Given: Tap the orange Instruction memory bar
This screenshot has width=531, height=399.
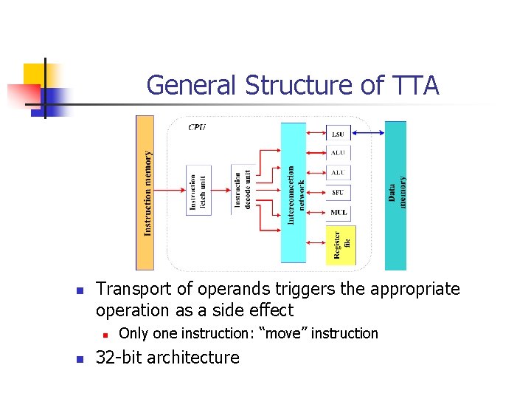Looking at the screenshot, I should (145, 193).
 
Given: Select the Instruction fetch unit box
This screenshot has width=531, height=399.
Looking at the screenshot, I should (198, 190).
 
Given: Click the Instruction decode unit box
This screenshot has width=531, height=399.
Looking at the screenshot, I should (243, 190).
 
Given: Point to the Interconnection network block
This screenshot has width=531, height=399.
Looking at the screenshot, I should (294, 193).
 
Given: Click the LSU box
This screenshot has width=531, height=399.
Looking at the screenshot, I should (338, 134).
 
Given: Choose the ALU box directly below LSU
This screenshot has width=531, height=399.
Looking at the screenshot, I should (338, 153).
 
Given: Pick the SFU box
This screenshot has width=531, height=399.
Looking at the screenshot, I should (338, 193).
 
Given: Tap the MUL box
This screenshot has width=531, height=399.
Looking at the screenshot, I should (338, 213).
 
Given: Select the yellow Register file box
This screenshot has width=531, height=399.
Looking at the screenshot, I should (340, 245).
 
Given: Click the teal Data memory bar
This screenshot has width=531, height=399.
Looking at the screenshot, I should (396, 195).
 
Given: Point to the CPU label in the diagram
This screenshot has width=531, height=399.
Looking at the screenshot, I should (197, 127).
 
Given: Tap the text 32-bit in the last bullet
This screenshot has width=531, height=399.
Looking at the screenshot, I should (119, 358).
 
